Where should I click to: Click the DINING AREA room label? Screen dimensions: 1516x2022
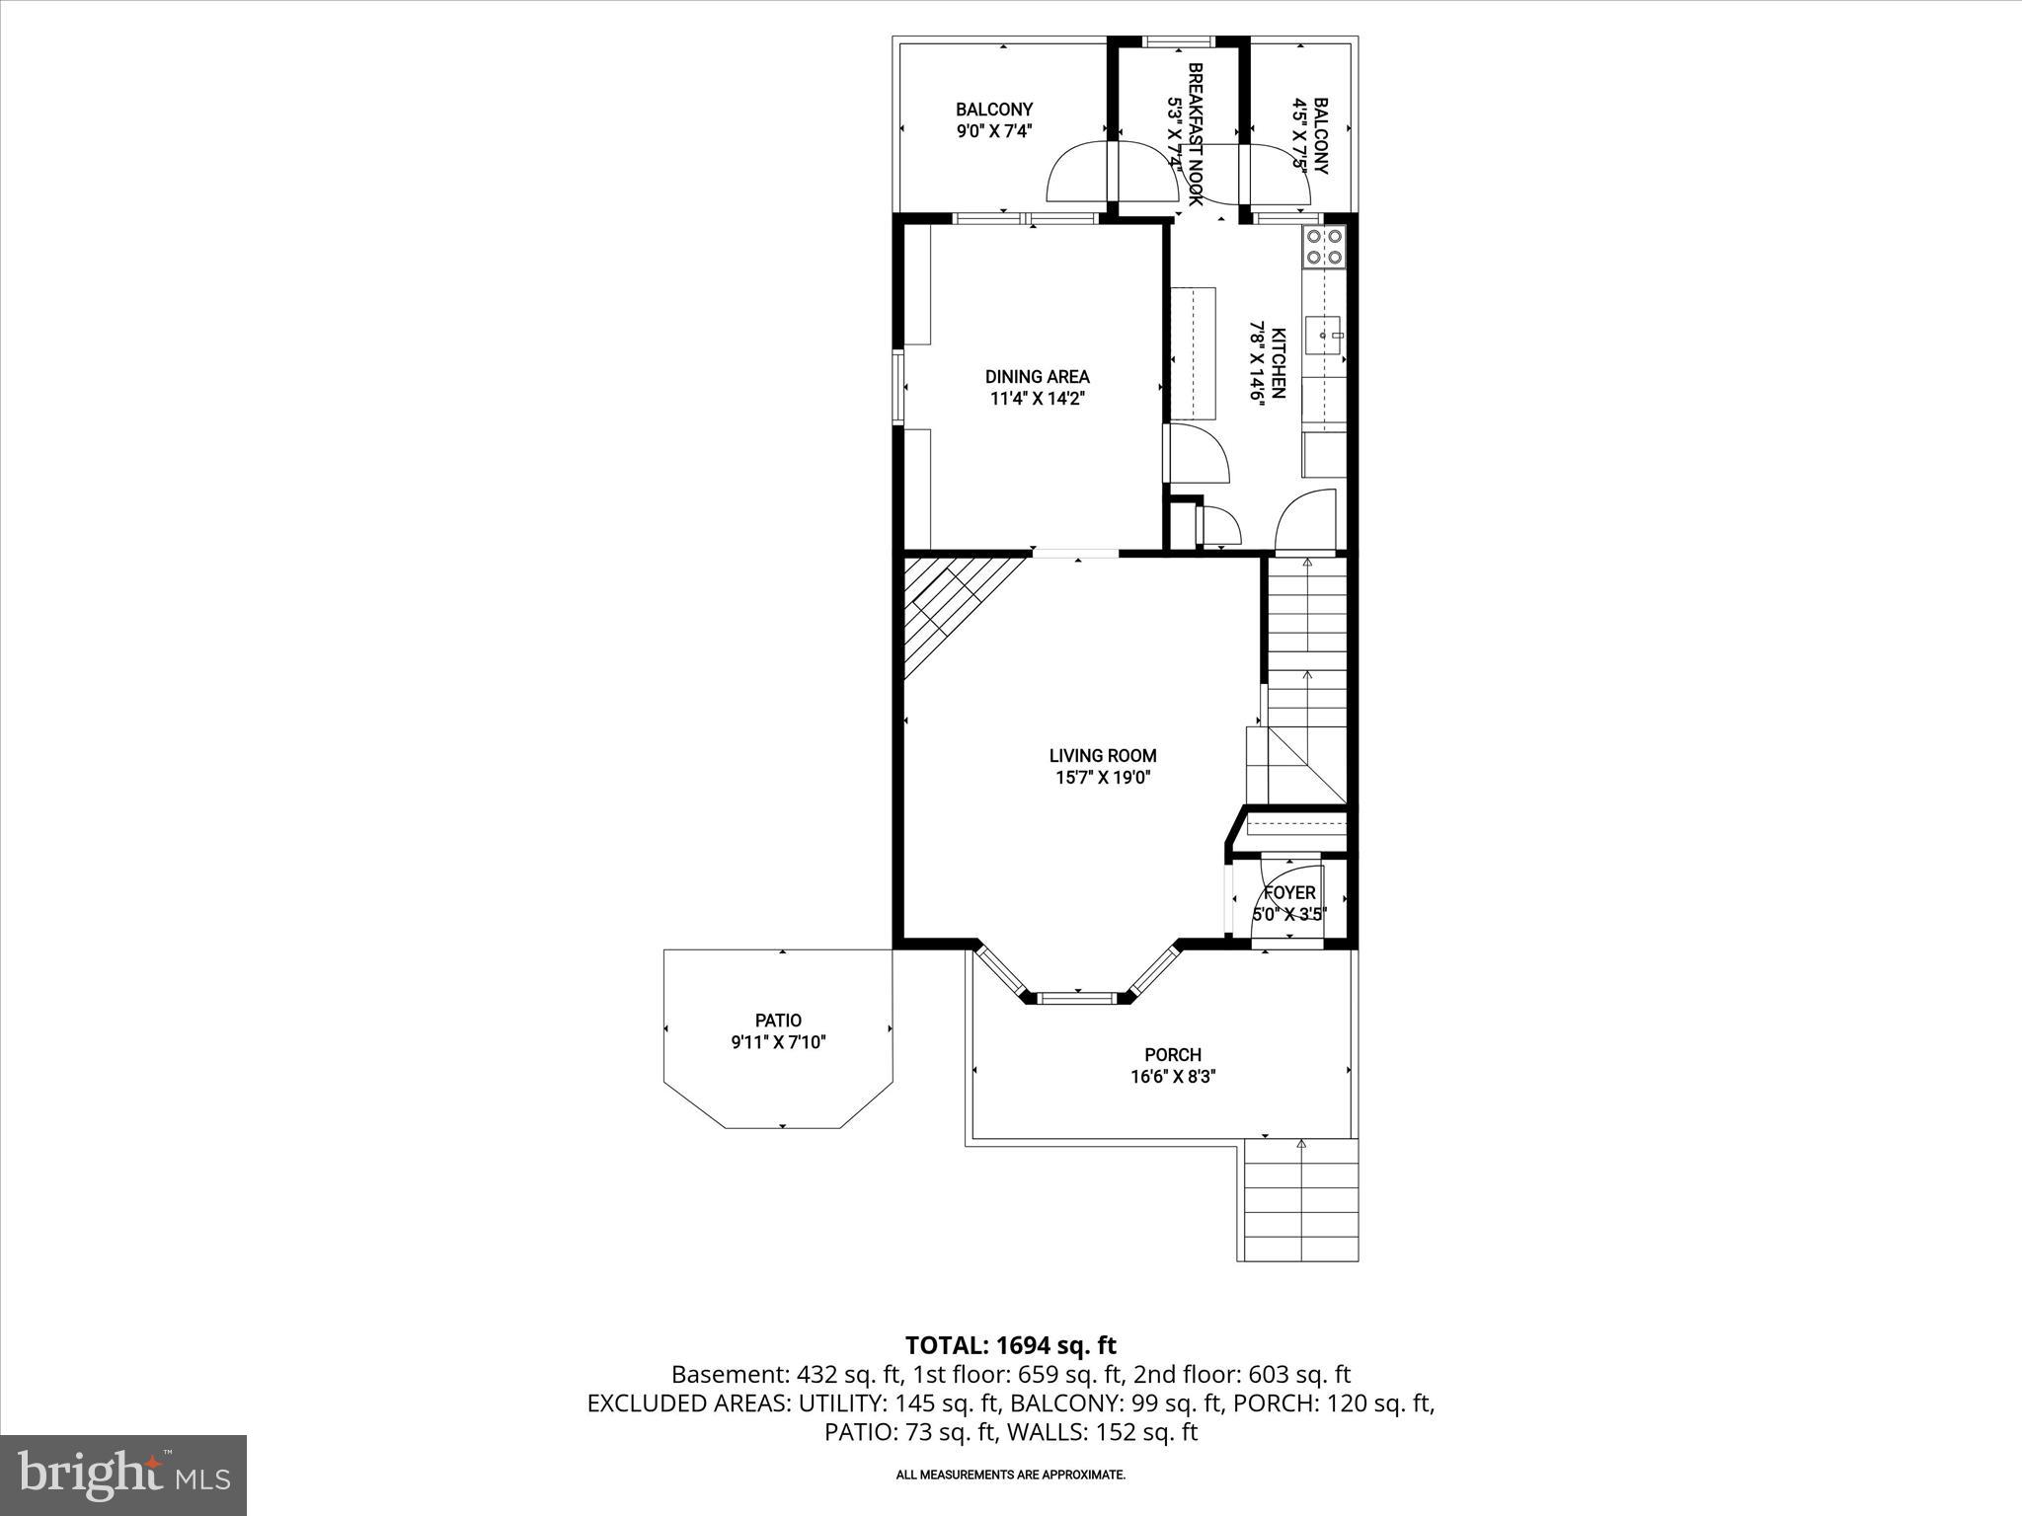1037,377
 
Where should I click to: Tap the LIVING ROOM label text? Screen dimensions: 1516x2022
1103,756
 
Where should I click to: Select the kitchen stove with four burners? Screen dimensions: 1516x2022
1324,246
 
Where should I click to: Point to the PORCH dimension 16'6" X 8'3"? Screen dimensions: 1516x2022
1173,1077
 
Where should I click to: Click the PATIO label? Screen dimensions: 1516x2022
778,1021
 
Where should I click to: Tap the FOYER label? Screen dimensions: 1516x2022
1289,893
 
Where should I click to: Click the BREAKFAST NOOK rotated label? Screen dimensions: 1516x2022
1186,133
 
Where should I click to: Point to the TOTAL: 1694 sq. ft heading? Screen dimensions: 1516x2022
1010,1345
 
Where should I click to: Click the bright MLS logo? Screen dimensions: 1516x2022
123,1476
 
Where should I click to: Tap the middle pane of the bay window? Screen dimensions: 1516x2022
1078,998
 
